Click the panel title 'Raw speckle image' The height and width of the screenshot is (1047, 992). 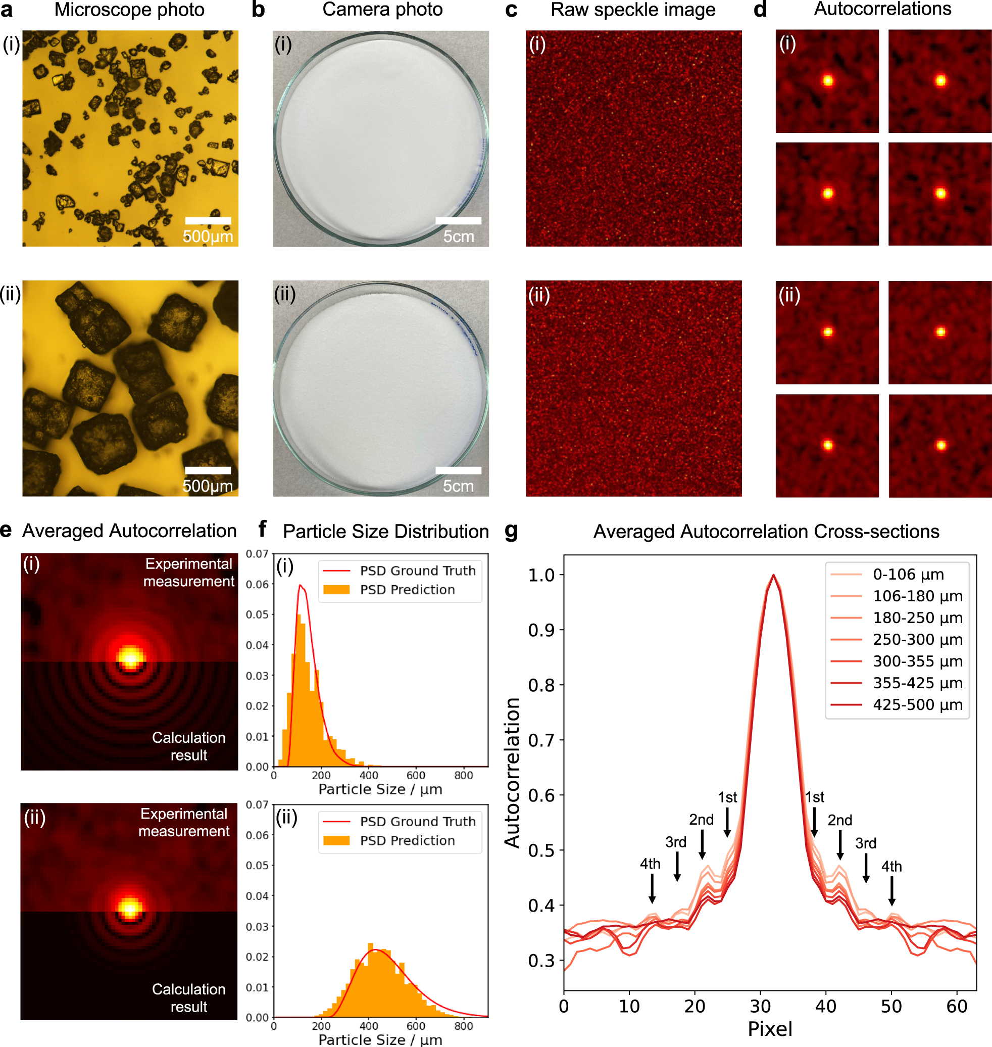tap(632, 10)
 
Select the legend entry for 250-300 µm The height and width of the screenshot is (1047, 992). tap(917, 640)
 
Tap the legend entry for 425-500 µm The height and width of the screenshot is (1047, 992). tap(917, 705)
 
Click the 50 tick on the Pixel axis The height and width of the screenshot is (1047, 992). tap(891, 1007)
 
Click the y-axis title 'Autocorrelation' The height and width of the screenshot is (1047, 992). tap(512, 773)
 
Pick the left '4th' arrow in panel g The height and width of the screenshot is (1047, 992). tap(652, 889)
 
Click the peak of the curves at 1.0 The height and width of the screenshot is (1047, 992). tap(773, 576)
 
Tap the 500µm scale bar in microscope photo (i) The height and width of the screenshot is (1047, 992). tap(208, 221)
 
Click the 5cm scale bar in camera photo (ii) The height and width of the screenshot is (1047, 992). tap(458, 470)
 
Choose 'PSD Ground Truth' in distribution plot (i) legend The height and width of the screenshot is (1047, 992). tap(417, 571)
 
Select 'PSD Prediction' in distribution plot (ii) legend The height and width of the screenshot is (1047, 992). tap(407, 841)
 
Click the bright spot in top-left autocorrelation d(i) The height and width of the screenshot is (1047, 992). tap(827, 81)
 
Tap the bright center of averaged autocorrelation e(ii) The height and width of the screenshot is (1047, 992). tap(129, 909)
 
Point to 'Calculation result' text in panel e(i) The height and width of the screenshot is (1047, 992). tap(188, 746)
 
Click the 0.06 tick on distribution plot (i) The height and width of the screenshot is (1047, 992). tap(258, 584)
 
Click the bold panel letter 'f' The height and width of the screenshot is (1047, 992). tap(262, 529)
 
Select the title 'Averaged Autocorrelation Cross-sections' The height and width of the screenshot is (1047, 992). tap(766, 531)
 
